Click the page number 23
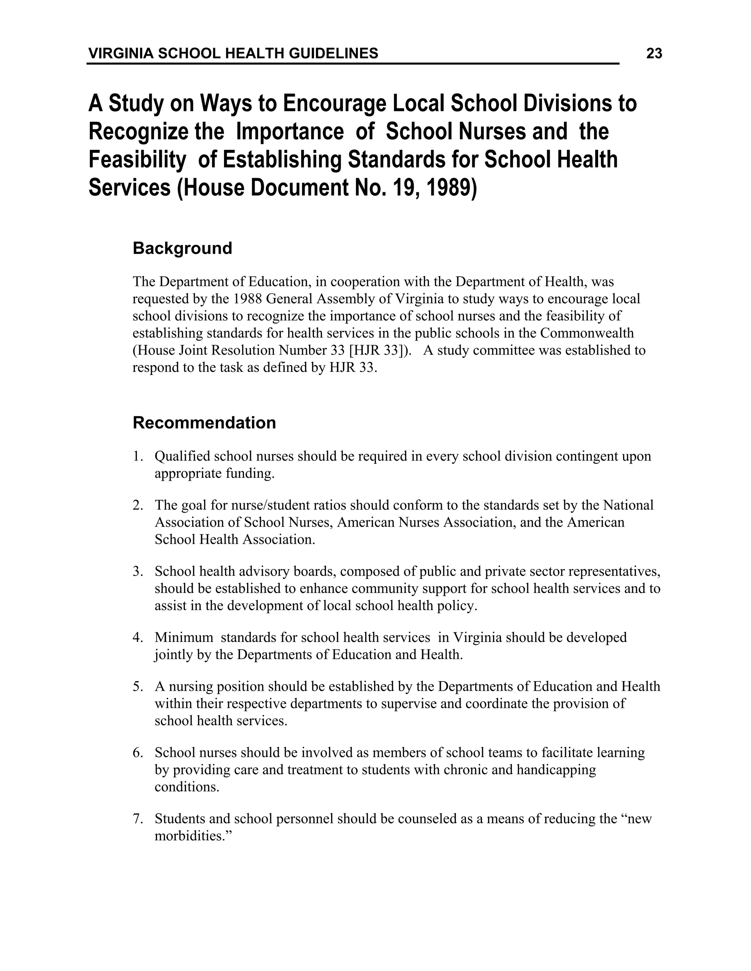coord(653,54)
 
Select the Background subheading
coord(182,248)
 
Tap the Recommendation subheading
coord(204,422)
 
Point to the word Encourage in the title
coord(334,103)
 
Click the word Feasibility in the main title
coord(137,160)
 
